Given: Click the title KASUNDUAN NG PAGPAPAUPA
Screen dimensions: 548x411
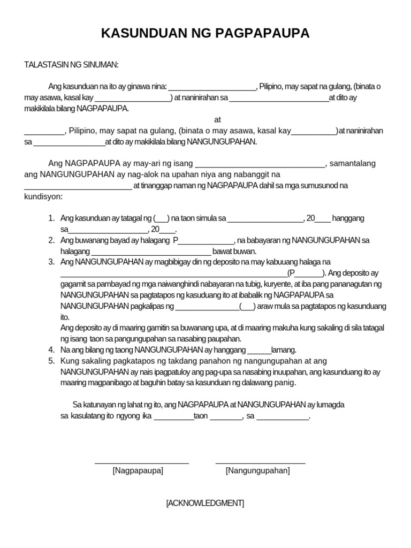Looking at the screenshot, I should pyautogui.click(x=205, y=34).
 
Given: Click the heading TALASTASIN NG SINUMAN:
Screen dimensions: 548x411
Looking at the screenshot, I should pyautogui.click(x=71, y=65).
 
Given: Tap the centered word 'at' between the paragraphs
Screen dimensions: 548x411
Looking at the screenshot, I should pyautogui.click(x=217, y=119).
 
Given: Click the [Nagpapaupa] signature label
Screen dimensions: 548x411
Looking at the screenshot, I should pyautogui.click(x=138, y=470).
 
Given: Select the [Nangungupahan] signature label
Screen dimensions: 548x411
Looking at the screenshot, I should pyautogui.click(x=258, y=470).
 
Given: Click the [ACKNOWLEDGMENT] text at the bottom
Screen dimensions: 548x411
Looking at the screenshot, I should pyautogui.click(x=205, y=503).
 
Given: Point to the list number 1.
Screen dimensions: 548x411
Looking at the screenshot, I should pyautogui.click(x=51, y=218).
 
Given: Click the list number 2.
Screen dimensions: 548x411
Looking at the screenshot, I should pyautogui.click(x=51, y=240).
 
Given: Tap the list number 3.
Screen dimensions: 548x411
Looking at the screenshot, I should pyautogui.click(x=51, y=262).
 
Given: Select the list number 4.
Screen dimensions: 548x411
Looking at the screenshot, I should pyautogui.click(x=51, y=349).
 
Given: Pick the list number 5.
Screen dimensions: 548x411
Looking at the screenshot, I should pyautogui.click(x=51, y=361).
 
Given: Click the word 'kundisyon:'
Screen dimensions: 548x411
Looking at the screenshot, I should pyautogui.click(x=43, y=196).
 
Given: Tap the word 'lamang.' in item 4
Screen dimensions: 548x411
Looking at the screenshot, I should pyautogui.click(x=284, y=349).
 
